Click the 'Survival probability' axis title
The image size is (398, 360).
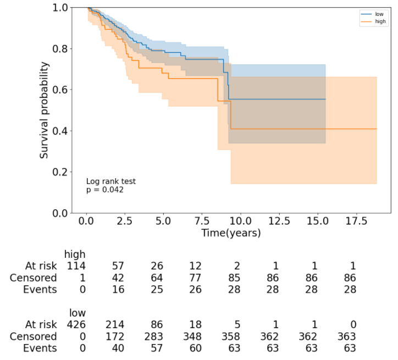pyautogui.click(x=45, y=110)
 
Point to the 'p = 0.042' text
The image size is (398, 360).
pyautogui.click(x=105, y=190)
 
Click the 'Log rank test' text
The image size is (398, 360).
pyautogui.click(x=111, y=181)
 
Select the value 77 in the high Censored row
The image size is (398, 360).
pyautogui.click(x=196, y=278)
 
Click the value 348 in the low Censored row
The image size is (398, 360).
pyautogui.click(x=196, y=336)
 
